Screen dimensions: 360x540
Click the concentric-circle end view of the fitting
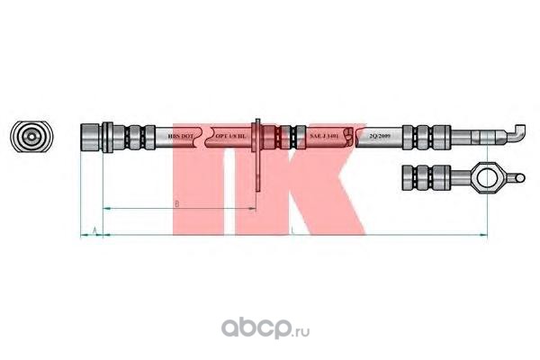point(31,138)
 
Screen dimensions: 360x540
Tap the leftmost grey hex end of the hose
point(91,138)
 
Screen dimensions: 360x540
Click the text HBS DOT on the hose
point(180,137)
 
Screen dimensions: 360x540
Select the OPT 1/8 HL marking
point(232,137)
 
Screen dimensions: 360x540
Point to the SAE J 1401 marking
point(323,137)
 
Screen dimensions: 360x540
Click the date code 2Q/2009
point(378,137)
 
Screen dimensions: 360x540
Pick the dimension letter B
point(175,204)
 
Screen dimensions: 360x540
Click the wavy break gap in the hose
point(208,138)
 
